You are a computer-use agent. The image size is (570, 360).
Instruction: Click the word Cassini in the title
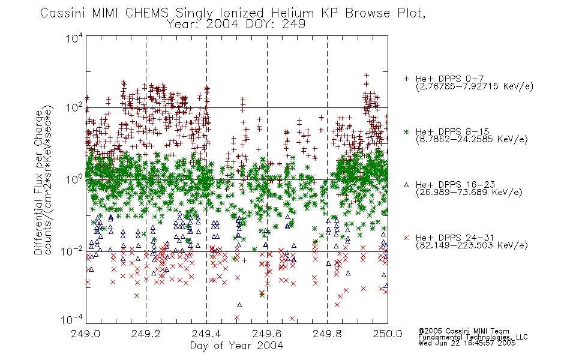point(63,13)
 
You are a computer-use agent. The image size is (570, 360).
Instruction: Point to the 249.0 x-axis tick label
point(85,334)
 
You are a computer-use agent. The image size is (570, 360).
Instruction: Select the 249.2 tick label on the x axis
point(146,334)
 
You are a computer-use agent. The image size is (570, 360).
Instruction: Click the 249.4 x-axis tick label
point(206,334)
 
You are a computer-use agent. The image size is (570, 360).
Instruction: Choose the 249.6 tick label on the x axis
point(266,334)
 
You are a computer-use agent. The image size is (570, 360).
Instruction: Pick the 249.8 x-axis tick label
point(327,334)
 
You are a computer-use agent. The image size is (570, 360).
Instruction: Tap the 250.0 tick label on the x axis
point(388,334)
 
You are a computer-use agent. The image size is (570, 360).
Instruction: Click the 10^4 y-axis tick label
point(74,38)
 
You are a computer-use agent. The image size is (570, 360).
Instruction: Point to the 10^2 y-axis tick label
point(74,108)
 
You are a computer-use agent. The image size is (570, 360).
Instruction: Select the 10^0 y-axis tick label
point(74,179)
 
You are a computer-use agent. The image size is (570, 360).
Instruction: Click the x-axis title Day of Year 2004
point(236,346)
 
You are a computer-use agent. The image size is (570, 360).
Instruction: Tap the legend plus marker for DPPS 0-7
point(406,79)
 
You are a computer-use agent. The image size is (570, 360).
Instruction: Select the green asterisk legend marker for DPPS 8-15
point(406,131)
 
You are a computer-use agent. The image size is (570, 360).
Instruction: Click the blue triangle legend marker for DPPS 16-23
point(406,185)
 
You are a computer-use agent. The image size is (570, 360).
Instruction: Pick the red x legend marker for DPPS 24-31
point(406,238)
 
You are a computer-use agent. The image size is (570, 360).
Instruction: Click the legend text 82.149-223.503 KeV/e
point(472,245)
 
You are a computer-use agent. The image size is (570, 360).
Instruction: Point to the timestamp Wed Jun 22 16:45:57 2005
point(467,343)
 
